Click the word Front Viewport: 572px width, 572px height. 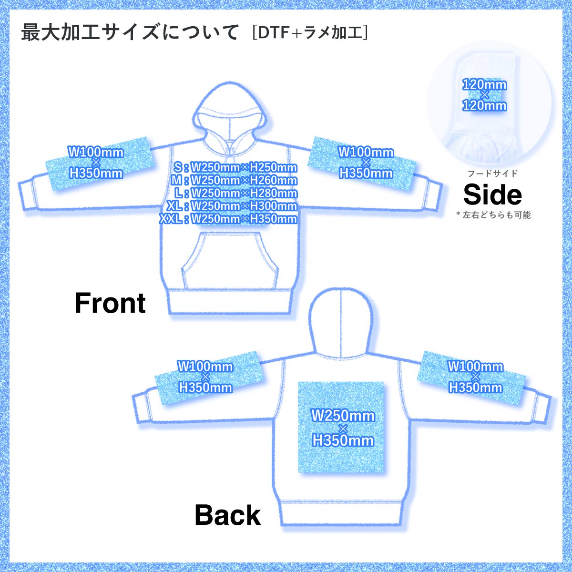[x=110, y=303]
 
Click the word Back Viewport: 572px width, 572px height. [x=228, y=515]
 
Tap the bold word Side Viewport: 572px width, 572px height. [x=492, y=194]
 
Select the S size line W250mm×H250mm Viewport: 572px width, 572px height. [x=235, y=168]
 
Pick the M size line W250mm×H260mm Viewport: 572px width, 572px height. [x=234, y=181]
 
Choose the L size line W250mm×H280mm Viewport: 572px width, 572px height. [x=235, y=193]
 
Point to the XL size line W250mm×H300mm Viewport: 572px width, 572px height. [x=232, y=206]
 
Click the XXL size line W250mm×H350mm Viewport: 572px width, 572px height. [x=228, y=219]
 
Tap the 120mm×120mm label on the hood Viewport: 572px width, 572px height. [x=484, y=95]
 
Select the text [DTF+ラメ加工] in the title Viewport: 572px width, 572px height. [x=310, y=33]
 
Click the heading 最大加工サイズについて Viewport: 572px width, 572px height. [x=130, y=32]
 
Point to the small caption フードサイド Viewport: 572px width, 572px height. [x=492, y=174]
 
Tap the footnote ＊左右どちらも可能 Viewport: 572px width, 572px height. [x=493, y=215]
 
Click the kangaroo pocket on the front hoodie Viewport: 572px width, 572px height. [x=230, y=260]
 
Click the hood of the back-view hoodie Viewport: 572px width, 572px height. [x=340, y=322]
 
